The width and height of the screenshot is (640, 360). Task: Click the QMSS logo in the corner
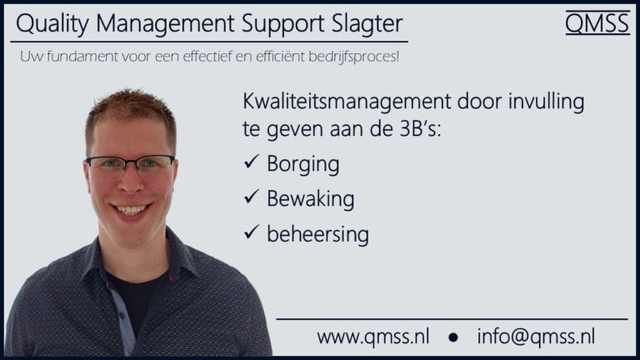pyautogui.click(x=597, y=23)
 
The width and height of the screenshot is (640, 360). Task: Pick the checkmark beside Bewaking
pyautogui.click(x=252, y=198)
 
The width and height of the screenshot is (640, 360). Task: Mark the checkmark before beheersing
pyautogui.click(x=252, y=233)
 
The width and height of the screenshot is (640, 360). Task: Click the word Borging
pyautogui.click(x=302, y=165)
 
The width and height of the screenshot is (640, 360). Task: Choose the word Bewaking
pyautogui.click(x=310, y=199)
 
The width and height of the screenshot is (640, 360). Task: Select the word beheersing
pyautogui.click(x=317, y=234)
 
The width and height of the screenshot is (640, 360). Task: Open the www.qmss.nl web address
pyautogui.click(x=373, y=337)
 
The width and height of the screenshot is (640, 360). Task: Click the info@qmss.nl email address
pyautogui.click(x=536, y=337)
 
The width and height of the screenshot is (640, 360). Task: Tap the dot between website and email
pyautogui.click(x=453, y=338)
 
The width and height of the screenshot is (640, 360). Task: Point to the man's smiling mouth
pyautogui.click(x=131, y=209)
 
